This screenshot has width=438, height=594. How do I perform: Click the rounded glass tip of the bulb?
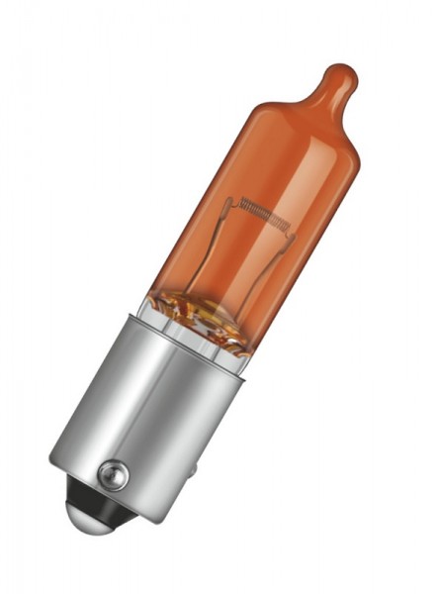click(339, 76)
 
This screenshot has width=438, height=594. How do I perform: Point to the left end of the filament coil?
click(240, 202)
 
